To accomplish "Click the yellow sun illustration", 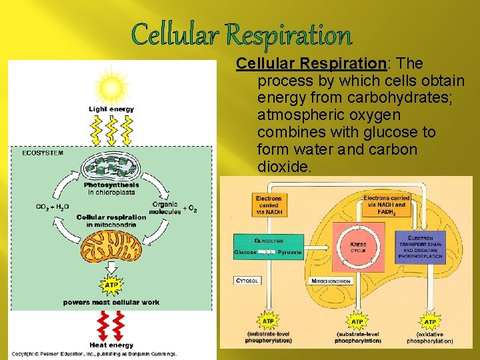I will click(x=111, y=87).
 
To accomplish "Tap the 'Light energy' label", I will click(x=111, y=109).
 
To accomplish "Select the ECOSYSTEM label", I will click(x=43, y=153).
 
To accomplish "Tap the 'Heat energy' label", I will click(x=111, y=345).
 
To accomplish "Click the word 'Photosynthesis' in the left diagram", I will click(x=111, y=185).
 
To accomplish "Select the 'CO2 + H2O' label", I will click(x=52, y=207).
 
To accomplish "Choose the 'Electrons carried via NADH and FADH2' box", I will click(x=387, y=205).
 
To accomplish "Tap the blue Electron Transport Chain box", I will click(x=420, y=247).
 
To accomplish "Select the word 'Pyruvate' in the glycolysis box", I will click(x=289, y=253).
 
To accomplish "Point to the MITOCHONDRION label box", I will click(x=331, y=281).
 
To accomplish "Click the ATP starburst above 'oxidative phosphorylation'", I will click(x=430, y=321).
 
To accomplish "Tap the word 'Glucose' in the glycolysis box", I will click(x=245, y=253).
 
